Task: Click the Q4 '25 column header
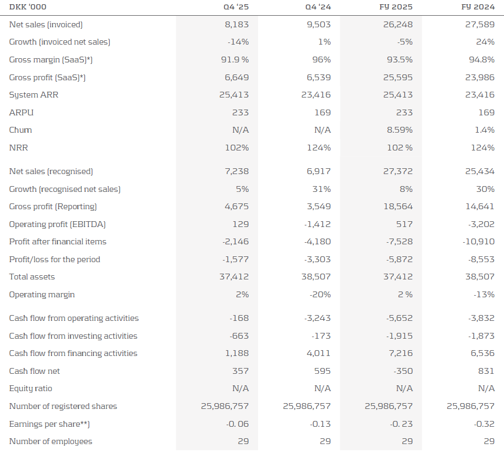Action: [235, 7]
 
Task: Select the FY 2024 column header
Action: [481, 7]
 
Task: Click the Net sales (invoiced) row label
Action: [46, 25]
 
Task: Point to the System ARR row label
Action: [31, 95]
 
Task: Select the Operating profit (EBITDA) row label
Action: [58, 224]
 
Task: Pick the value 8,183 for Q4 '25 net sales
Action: [237, 25]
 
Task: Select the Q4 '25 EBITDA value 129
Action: [241, 224]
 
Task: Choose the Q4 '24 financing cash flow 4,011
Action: [318, 353]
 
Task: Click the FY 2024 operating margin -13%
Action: [484, 295]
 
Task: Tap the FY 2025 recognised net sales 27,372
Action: [399, 171]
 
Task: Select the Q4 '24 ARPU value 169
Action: [323, 112]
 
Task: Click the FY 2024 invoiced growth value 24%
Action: [485, 42]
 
